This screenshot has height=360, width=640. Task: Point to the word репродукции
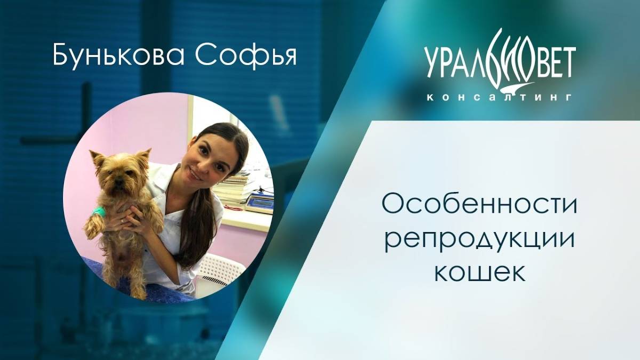coord(480,238)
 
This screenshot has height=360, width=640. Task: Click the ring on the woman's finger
coord(122,220)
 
